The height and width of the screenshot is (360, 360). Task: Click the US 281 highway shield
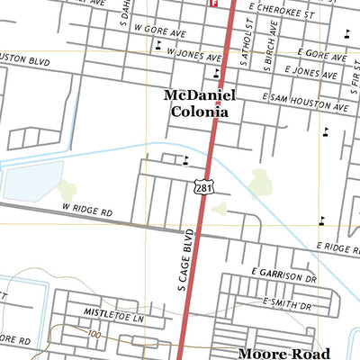[200, 185]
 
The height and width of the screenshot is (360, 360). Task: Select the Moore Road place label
[283, 354]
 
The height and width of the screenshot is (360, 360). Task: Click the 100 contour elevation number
[96, 334]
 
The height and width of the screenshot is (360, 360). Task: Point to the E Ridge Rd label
[337, 247]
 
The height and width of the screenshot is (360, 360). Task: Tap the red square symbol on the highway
[214, 3]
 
